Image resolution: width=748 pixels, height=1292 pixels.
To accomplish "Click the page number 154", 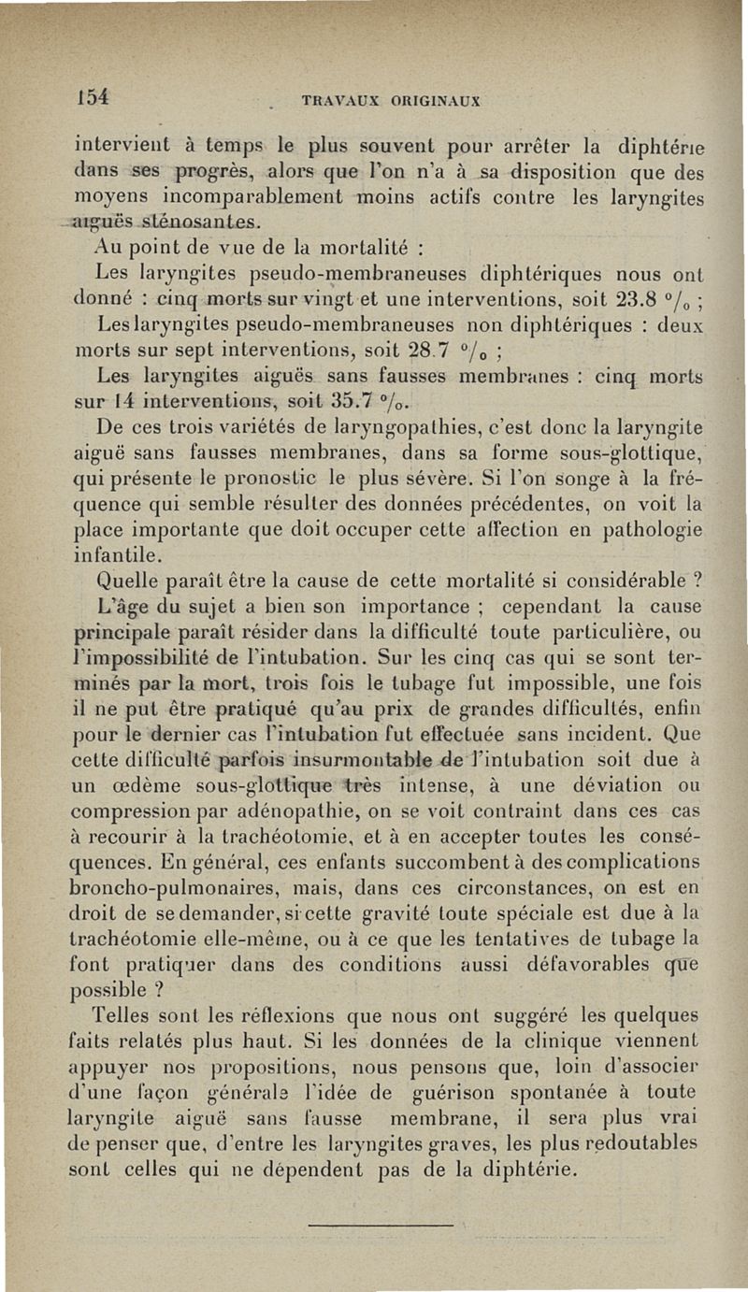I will (x=94, y=96).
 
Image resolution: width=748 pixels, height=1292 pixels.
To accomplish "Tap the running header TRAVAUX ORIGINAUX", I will (x=397, y=100).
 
